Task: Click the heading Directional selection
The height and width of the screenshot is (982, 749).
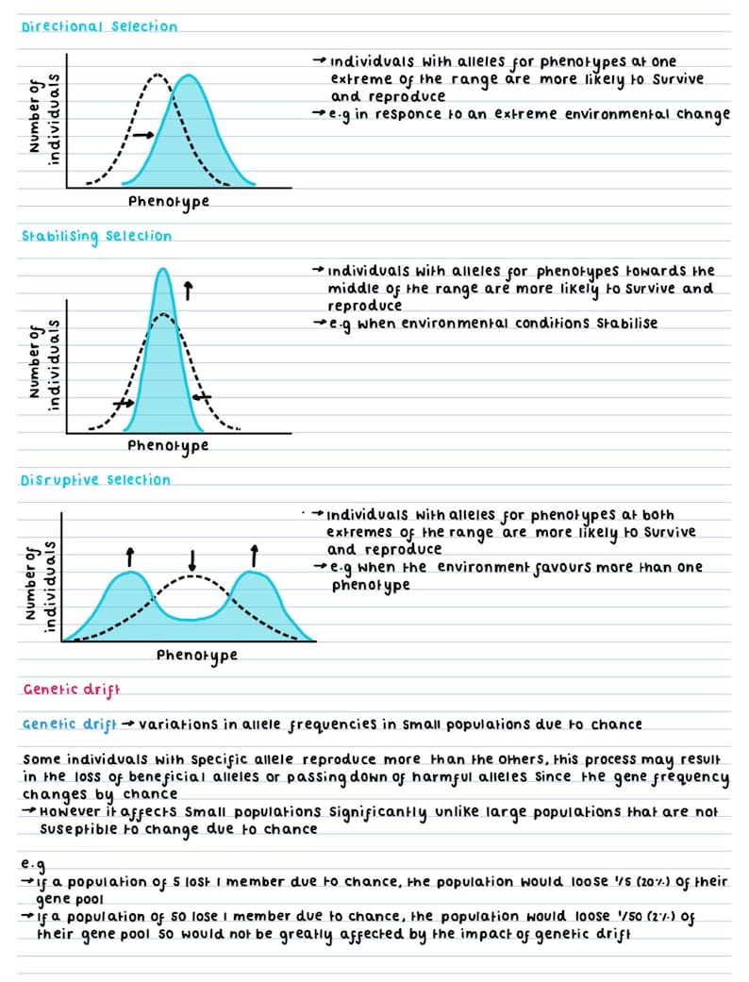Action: pos(99,26)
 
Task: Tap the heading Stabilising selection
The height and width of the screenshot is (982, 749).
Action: pos(96,236)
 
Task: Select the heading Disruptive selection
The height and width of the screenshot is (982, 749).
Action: pos(95,480)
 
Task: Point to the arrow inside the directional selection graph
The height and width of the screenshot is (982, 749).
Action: pos(143,136)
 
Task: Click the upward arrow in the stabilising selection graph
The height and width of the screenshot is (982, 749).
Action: pos(189,291)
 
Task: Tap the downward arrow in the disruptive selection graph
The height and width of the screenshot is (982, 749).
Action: pos(192,560)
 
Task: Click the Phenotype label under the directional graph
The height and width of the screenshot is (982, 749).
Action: pos(168,201)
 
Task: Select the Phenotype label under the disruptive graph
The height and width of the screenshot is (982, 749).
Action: pos(196,655)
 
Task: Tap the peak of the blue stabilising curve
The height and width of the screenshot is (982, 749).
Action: pos(163,271)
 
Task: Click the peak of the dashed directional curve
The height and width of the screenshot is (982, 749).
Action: pos(158,74)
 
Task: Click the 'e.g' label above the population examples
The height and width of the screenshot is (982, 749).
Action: pos(33,864)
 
